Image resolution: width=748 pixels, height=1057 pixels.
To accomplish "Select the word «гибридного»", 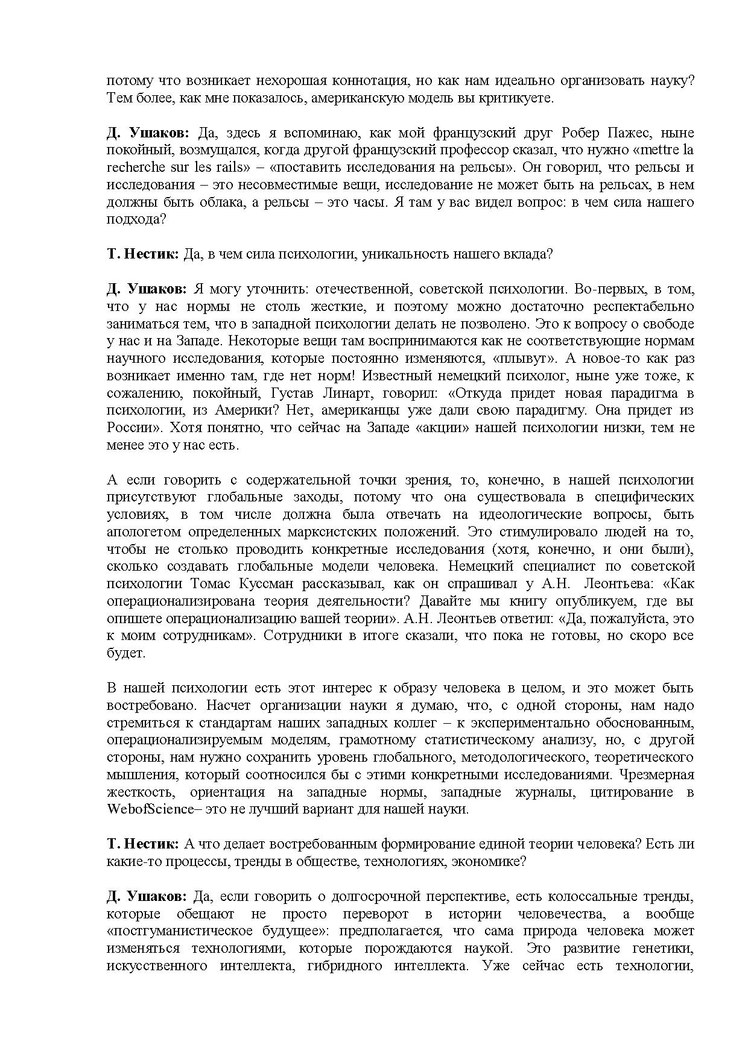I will [x=344, y=966].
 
